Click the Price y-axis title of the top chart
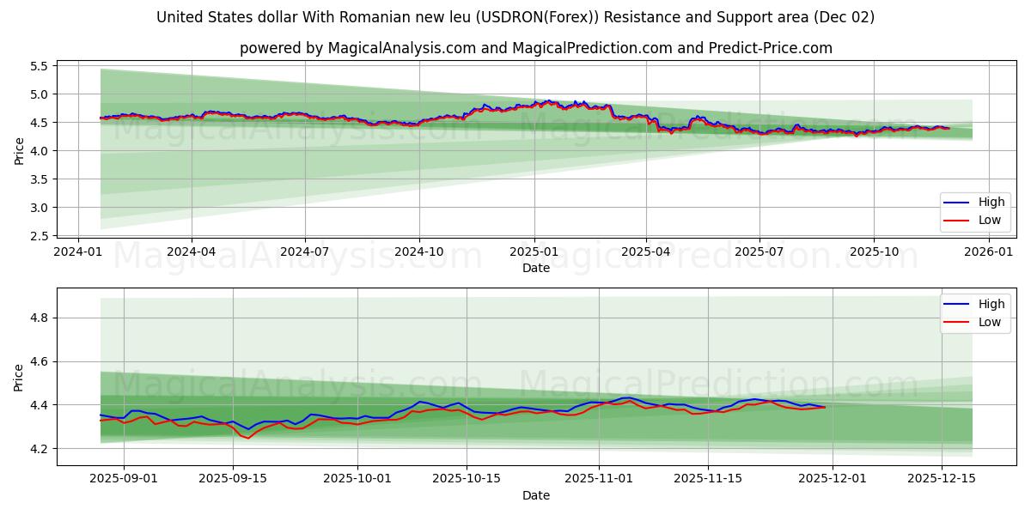(x=19, y=150)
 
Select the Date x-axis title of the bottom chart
(x=536, y=496)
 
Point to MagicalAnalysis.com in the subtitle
(x=402, y=48)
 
